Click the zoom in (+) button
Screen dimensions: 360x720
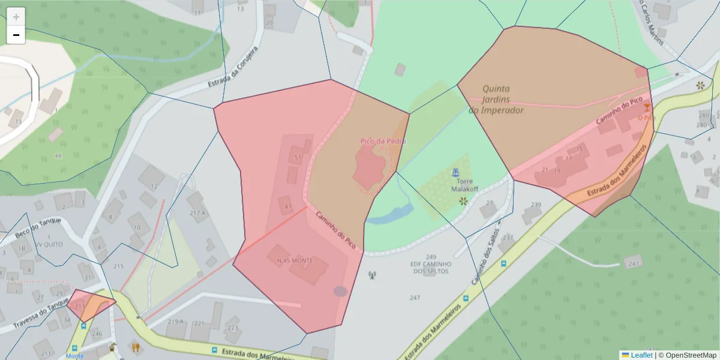click(16, 17)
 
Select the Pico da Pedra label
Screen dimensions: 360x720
click(383, 141)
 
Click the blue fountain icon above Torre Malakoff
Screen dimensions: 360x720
click(455, 173)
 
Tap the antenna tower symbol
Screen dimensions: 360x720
click(372, 275)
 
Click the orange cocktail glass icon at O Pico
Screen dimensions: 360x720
click(646, 107)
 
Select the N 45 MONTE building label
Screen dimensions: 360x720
click(295, 261)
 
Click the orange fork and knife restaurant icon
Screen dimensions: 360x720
click(136, 346)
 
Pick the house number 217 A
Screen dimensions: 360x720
click(197, 213)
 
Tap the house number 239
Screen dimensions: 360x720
click(536, 205)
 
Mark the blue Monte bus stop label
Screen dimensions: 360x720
click(74, 356)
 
